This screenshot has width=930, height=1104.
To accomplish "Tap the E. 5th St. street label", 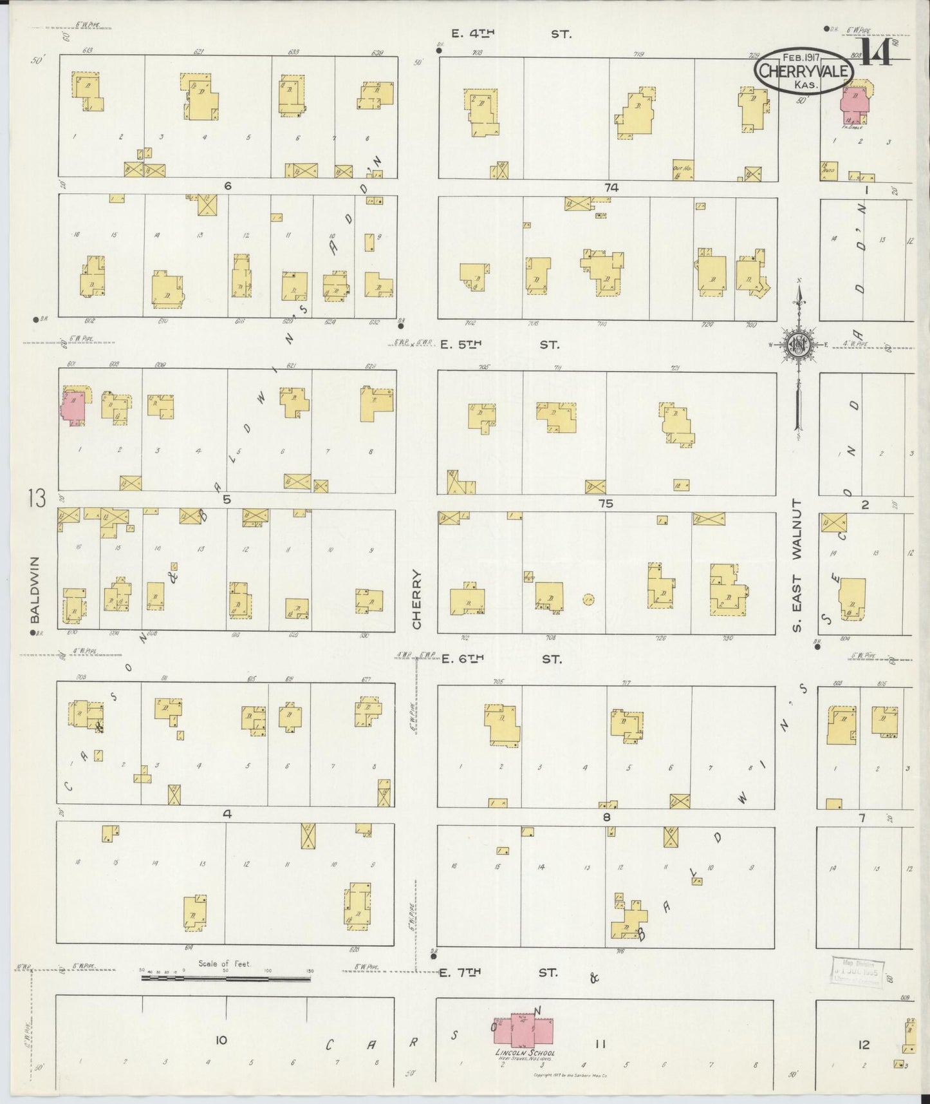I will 499,345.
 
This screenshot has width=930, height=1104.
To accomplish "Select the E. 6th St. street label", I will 501,659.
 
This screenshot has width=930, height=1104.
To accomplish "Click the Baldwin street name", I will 35,590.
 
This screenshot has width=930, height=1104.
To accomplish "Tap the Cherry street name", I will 416,600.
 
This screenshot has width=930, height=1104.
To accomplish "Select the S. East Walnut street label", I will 797,565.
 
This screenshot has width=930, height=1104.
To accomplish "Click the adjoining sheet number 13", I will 37,499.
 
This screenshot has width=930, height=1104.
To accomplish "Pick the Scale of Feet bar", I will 225,978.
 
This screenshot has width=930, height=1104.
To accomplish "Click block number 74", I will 611,187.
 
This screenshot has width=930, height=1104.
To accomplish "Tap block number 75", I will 606,504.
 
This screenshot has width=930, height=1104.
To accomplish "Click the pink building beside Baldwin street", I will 72,407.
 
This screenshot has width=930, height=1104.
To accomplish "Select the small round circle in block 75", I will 588,599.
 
